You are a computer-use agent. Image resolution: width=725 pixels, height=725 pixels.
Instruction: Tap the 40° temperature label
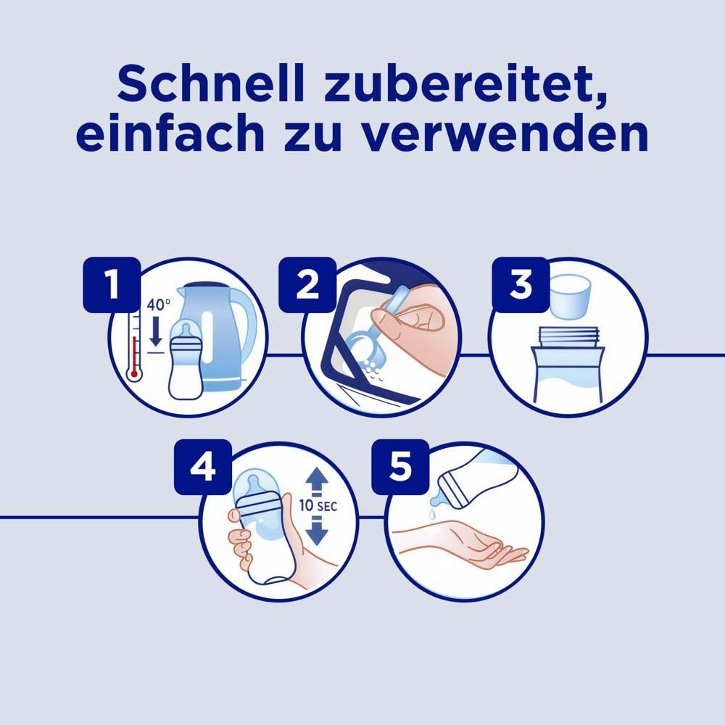(157, 305)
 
